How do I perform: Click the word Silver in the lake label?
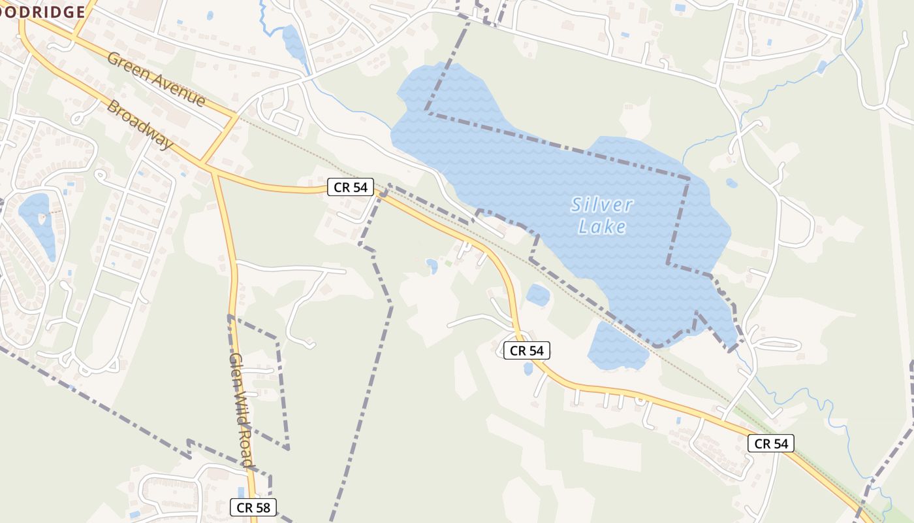[x=602, y=205]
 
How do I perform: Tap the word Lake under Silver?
[x=602, y=227]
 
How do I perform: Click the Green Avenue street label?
[x=156, y=80]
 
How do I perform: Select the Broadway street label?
[x=140, y=124]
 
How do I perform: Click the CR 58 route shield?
[x=253, y=507]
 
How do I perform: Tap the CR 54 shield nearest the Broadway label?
[x=351, y=188]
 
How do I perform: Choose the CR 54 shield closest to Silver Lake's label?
[x=527, y=350]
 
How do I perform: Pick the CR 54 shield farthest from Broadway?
[x=771, y=444]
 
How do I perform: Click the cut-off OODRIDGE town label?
[x=42, y=12]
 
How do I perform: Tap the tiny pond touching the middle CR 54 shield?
[x=528, y=368]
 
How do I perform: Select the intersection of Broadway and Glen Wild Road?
[x=213, y=172]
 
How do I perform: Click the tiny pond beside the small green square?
[x=432, y=265]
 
